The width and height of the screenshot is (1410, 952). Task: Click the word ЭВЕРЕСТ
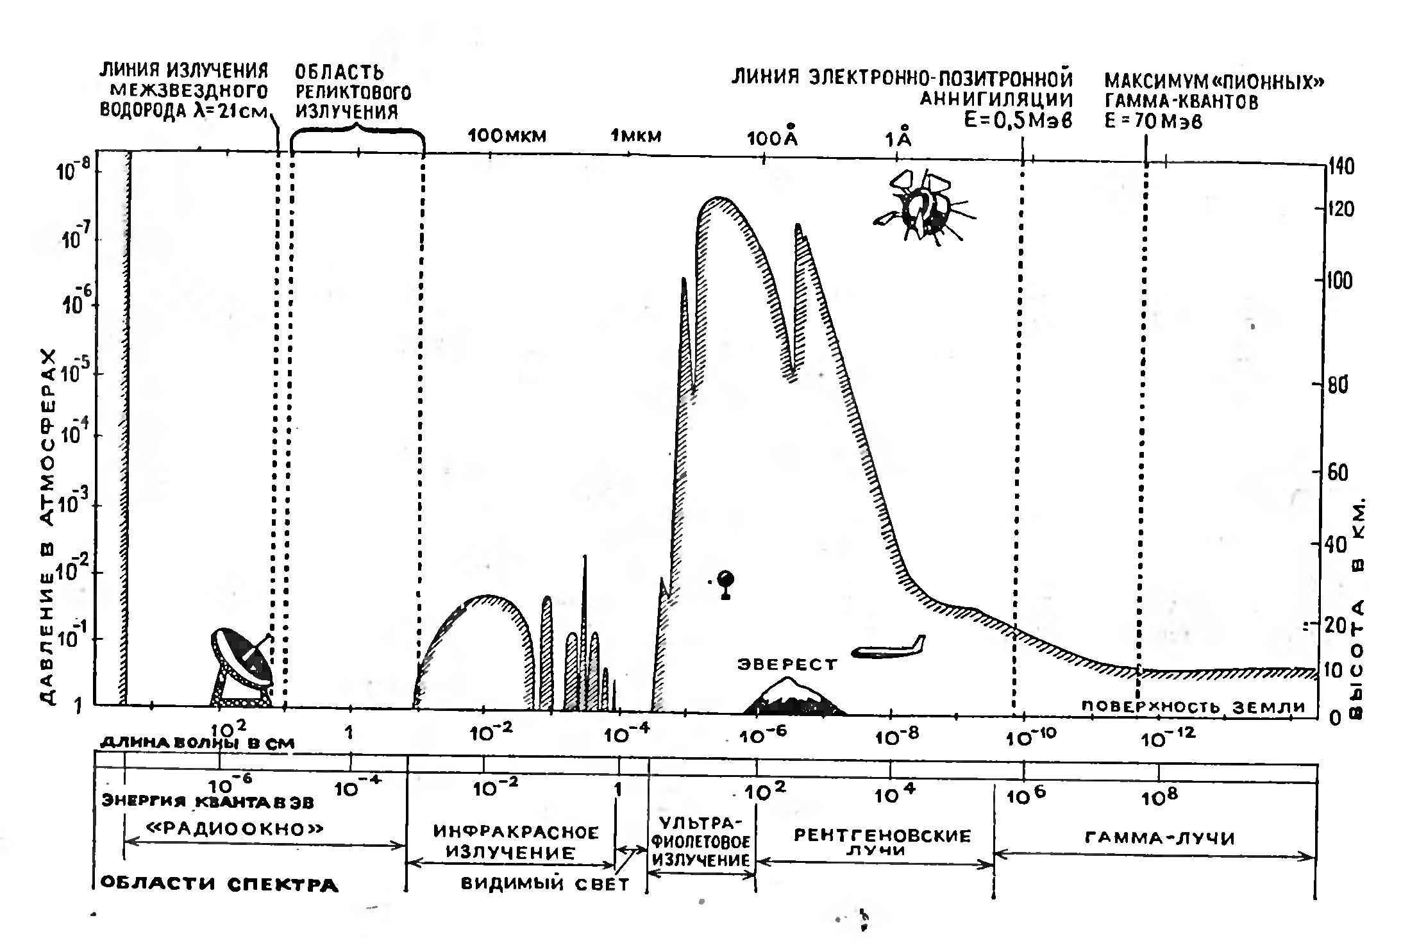pos(787,665)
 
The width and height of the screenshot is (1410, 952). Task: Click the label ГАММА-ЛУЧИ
pos(1160,838)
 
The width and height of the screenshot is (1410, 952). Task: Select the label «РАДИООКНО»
pos(235,829)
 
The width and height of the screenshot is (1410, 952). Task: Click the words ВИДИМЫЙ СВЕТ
pos(545,883)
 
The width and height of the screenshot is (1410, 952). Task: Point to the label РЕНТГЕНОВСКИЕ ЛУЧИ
pos(883,842)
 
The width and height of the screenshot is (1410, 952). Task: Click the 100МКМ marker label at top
pos(507,136)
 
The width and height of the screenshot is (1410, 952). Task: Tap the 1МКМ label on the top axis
pos(635,136)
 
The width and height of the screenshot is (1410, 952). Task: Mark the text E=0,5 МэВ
pos(1018,121)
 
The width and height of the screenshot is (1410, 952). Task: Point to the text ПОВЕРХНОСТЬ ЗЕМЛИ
pos(1193,706)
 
